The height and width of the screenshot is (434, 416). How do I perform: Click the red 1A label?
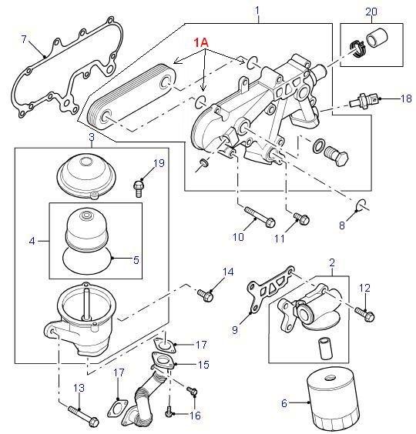point(200,42)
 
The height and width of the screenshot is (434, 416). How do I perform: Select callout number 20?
point(371,12)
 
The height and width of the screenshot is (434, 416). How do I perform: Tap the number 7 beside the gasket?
point(24,39)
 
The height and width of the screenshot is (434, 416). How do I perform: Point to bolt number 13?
point(83,416)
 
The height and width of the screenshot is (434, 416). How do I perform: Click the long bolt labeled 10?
point(260,217)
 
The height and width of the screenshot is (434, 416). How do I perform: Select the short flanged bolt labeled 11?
point(301,218)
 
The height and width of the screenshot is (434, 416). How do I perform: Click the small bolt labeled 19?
point(139,189)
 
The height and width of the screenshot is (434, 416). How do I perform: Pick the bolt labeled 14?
point(206,295)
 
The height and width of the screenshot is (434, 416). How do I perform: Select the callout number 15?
point(203,365)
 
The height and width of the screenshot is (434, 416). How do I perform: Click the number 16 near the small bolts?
point(195,416)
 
